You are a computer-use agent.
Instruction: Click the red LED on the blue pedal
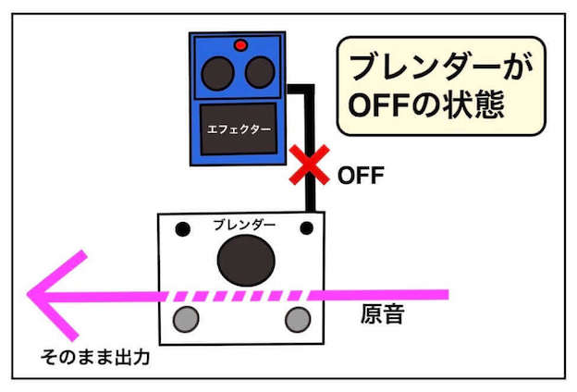[x=240, y=44]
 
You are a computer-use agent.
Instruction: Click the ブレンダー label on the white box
[x=244, y=225]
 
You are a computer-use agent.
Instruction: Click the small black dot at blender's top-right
[x=308, y=227]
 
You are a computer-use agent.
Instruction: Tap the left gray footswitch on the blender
[x=188, y=320]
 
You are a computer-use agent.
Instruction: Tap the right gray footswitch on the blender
[x=298, y=319]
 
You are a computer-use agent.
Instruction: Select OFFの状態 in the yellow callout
[x=424, y=104]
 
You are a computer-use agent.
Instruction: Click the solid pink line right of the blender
[x=388, y=295]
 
